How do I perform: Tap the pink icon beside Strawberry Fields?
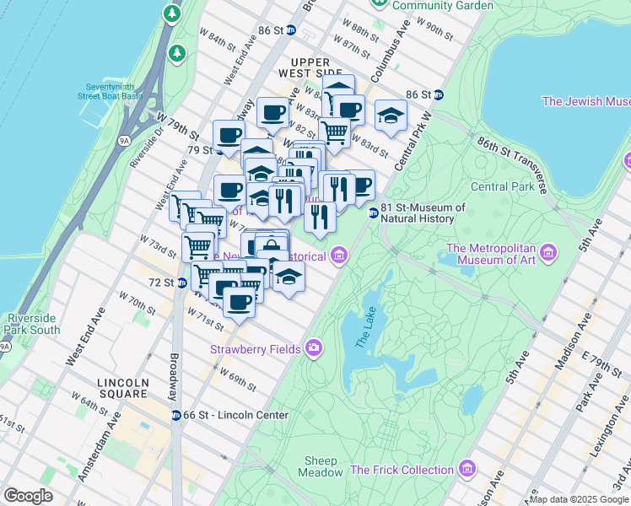[x=315, y=347]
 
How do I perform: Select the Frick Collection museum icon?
[x=467, y=469]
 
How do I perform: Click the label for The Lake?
[x=364, y=330]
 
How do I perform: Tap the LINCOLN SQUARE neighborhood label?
[x=123, y=388]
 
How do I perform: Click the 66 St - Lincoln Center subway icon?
[x=175, y=415]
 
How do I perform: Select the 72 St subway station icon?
[x=182, y=282]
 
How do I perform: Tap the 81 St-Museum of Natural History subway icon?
[x=372, y=213]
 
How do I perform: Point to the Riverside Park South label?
[x=33, y=324]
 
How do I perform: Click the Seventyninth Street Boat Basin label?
[x=112, y=91]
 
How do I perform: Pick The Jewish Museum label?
[x=585, y=101]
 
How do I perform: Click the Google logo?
[x=29, y=495]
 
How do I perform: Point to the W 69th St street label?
[x=238, y=378]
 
